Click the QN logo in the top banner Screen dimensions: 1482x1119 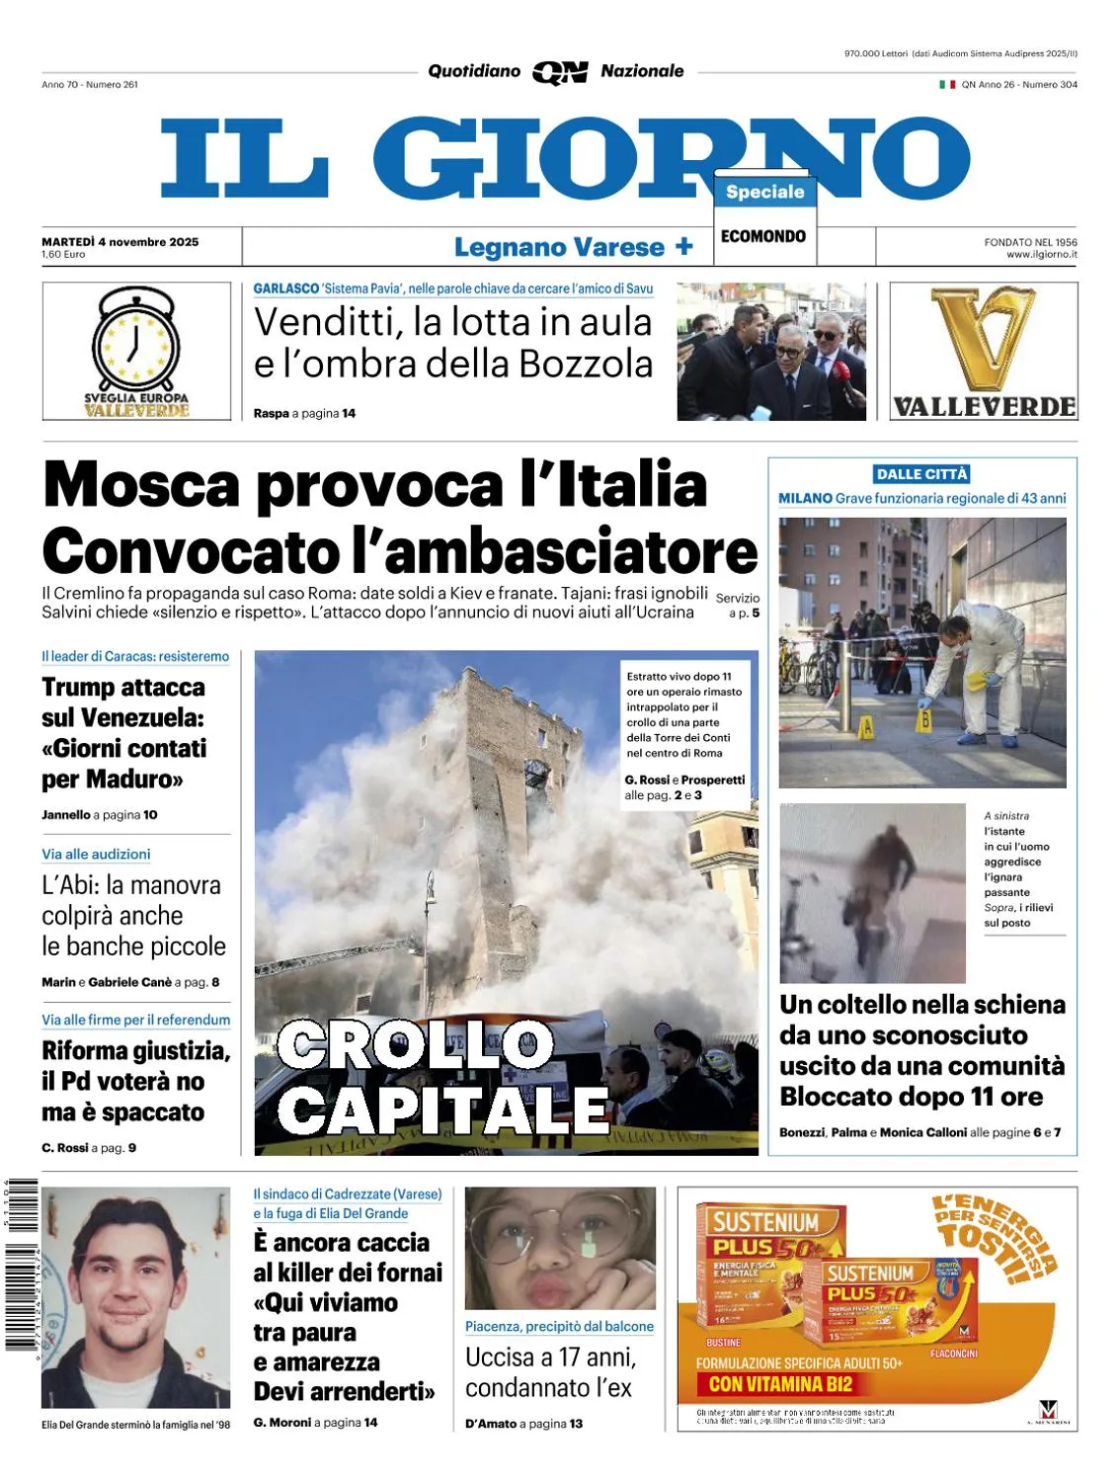tap(560, 72)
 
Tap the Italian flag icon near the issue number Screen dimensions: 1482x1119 tap(947, 85)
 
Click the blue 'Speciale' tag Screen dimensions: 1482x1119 tap(764, 192)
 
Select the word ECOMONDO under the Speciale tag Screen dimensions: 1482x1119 tap(763, 236)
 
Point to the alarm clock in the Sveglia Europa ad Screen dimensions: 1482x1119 tap(136, 341)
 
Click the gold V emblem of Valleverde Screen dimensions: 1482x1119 tap(984, 339)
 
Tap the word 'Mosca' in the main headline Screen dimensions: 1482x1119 tap(142, 485)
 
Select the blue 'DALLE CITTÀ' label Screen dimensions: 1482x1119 tap(921, 474)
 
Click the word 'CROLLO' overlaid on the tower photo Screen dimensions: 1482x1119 tap(416, 1045)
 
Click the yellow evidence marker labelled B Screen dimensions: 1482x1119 tap(925, 718)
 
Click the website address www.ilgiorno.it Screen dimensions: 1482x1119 tap(1041, 255)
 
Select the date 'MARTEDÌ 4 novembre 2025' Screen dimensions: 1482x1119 tap(120, 241)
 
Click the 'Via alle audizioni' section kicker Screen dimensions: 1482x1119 tap(96, 854)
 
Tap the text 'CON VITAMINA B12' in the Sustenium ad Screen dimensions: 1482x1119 tap(780, 1384)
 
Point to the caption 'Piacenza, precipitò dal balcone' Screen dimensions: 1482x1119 tap(559, 1326)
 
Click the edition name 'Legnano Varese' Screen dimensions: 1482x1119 tap(559, 247)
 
